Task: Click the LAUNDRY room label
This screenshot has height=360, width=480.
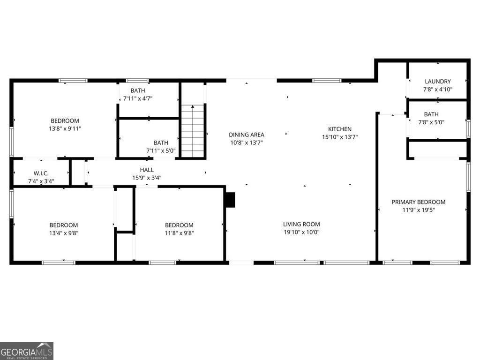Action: [x=437, y=81]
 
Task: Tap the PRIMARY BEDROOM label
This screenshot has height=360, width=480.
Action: [x=418, y=202]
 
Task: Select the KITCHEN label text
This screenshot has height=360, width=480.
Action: [x=339, y=129]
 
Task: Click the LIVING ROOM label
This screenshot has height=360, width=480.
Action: [x=301, y=224]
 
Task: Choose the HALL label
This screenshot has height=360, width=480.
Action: [x=146, y=170]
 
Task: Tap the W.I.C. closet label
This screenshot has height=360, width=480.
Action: [x=41, y=173]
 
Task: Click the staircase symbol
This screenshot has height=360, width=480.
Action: [x=193, y=132]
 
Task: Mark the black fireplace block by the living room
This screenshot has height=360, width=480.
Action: [x=230, y=199]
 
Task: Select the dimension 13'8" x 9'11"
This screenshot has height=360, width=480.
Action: [x=65, y=128]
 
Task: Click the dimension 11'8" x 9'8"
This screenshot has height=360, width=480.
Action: [x=179, y=233]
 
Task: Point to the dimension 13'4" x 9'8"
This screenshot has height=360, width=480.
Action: [x=64, y=233]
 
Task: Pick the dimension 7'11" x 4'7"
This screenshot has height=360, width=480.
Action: [x=137, y=98]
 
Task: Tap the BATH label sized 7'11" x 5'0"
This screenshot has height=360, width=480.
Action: [x=161, y=142]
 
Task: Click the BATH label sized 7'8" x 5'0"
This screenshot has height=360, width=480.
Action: [x=431, y=114]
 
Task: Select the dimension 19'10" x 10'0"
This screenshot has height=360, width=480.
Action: [x=301, y=232]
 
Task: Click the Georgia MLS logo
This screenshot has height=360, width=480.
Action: [x=27, y=351]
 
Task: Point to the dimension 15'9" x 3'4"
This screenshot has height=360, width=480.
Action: [x=146, y=178]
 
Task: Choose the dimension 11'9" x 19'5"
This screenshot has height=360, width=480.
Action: [x=418, y=210]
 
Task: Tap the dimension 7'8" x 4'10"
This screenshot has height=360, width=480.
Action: [x=437, y=89]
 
